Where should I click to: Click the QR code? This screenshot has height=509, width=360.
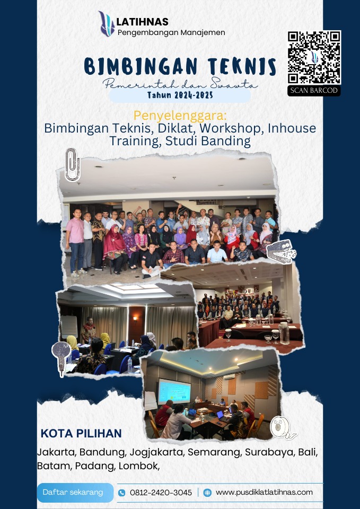(x=314, y=57)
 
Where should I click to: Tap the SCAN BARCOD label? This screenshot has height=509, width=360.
(x=314, y=91)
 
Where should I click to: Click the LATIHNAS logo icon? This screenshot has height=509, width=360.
(x=107, y=24)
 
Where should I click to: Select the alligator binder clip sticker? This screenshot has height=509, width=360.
(x=281, y=250)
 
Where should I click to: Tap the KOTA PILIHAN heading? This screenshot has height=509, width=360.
(x=81, y=433)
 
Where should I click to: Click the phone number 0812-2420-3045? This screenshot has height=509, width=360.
(x=161, y=493)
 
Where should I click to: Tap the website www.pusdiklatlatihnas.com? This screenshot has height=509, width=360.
(x=264, y=492)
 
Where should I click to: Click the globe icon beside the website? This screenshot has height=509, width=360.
(x=207, y=493)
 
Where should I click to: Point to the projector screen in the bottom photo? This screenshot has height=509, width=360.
(x=174, y=392)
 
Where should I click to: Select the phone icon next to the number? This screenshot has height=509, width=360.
(x=122, y=493)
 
